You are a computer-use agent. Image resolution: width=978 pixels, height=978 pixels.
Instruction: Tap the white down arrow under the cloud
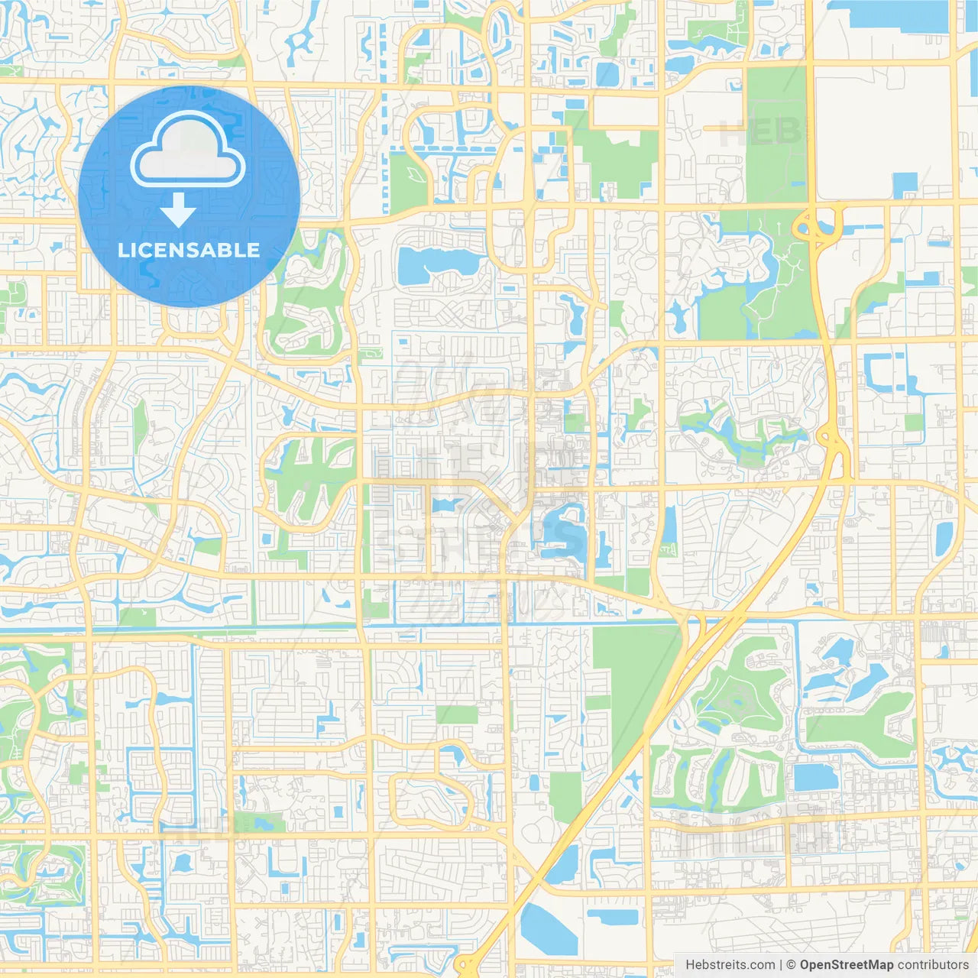(178, 211)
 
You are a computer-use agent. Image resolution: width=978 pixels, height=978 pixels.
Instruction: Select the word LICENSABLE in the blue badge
(189, 250)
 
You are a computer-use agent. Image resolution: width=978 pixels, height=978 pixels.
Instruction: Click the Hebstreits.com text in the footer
(730, 965)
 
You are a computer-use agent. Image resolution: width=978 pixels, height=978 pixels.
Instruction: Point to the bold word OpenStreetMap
(846, 965)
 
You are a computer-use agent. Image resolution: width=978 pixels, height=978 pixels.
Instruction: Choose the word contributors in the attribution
(933, 965)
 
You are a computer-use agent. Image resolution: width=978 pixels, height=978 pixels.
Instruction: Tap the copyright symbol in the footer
(791, 965)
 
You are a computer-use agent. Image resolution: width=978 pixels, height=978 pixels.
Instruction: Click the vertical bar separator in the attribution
(780, 965)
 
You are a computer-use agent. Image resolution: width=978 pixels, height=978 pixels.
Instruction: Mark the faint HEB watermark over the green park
(761, 133)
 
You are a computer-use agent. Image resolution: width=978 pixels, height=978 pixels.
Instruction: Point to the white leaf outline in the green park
(416, 173)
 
